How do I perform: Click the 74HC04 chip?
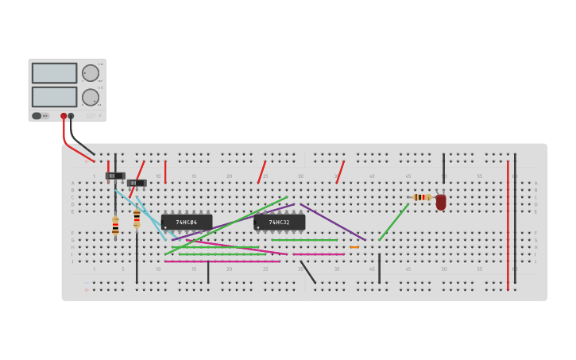(187, 222)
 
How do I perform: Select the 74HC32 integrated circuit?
(279, 222)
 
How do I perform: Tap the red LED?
(441, 202)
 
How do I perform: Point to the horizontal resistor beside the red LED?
(421, 197)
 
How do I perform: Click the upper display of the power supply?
(54, 73)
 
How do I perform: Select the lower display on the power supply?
(54, 97)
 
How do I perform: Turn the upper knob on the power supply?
(91, 73)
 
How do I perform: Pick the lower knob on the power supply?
(91, 97)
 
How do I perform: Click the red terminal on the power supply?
(64, 116)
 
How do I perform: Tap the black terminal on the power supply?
(71, 116)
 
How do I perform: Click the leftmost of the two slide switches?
(115, 176)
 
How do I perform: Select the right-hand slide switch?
(137, 183)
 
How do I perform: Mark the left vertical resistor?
(115, 226)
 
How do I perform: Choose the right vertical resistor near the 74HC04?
(137, 219)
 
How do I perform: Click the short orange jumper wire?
(354, 247)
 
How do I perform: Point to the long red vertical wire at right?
(508, 225)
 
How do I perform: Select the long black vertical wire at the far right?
(515, 219)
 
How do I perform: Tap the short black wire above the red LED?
(443, 168)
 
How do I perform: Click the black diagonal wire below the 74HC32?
(307, 272)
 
